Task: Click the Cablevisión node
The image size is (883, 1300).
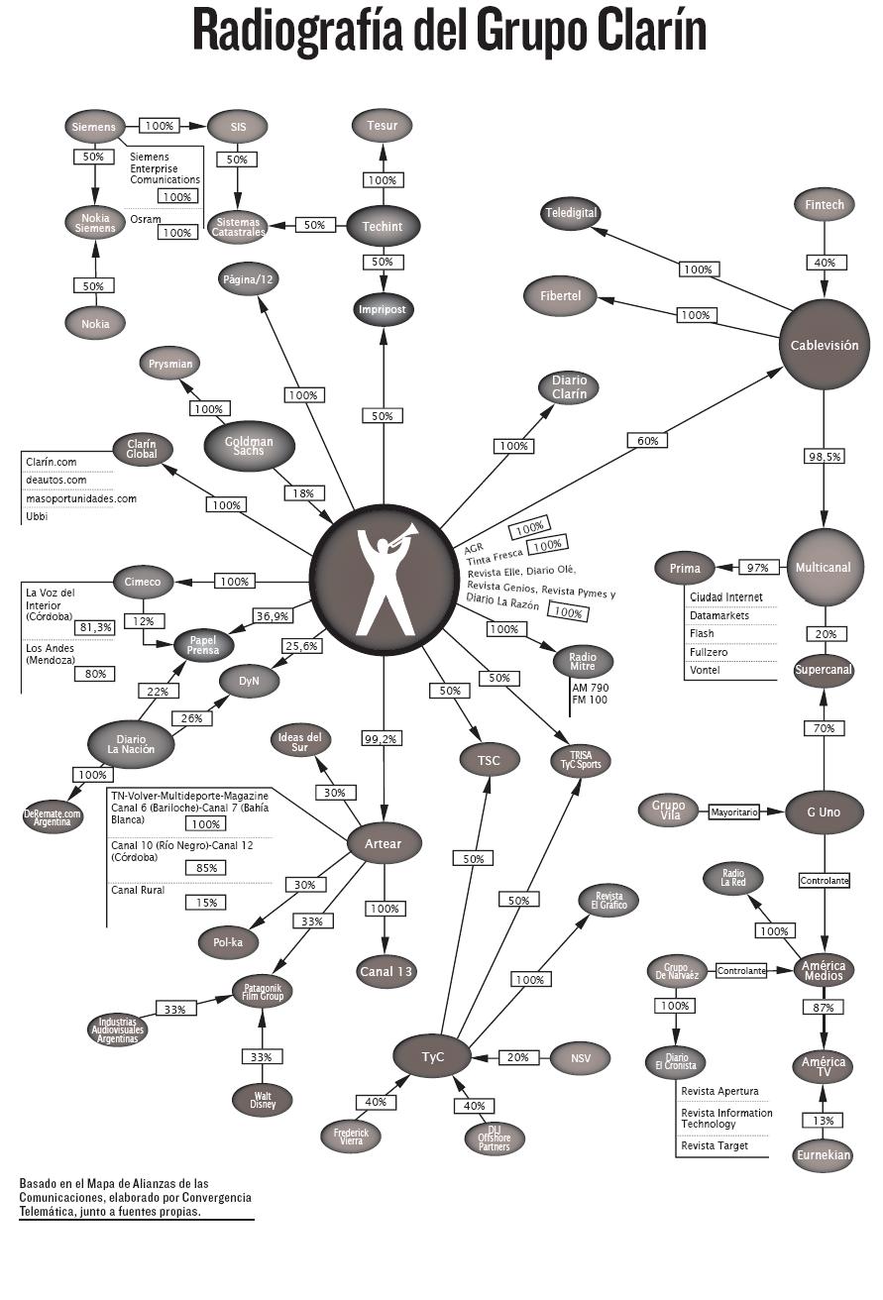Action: point(824,346)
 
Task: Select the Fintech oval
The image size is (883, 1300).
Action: point(825,205)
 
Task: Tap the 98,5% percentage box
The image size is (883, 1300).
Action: point(825,456)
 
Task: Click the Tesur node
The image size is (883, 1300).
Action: point(383,126)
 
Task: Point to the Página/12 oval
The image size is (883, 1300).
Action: point(248,279)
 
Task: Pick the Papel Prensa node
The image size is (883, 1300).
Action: point(203,646)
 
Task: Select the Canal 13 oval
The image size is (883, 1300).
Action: point(385,971)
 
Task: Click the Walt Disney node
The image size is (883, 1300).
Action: point(262,1099)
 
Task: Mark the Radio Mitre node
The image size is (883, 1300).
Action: point(583,660)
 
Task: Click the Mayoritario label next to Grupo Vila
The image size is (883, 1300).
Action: point(734,812)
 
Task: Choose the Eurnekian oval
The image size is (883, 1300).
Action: point(824,1154)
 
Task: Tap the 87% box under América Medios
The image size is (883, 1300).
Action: point(824,1008)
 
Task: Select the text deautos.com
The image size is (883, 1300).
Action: point(55,480)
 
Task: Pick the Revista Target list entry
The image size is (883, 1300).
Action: point(715,1145)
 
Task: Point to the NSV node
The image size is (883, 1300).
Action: point(581,1058)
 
